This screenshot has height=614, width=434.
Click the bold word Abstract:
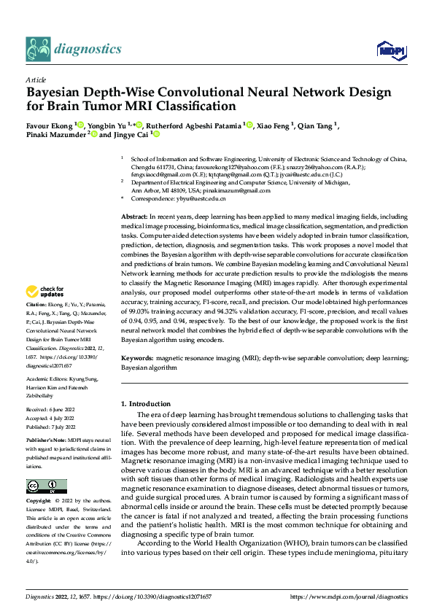click(134, 218)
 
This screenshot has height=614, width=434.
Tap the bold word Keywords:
click(137, 360)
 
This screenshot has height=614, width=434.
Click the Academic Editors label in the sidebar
click(47, 379)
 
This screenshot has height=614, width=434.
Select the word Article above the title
click(35, 79)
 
